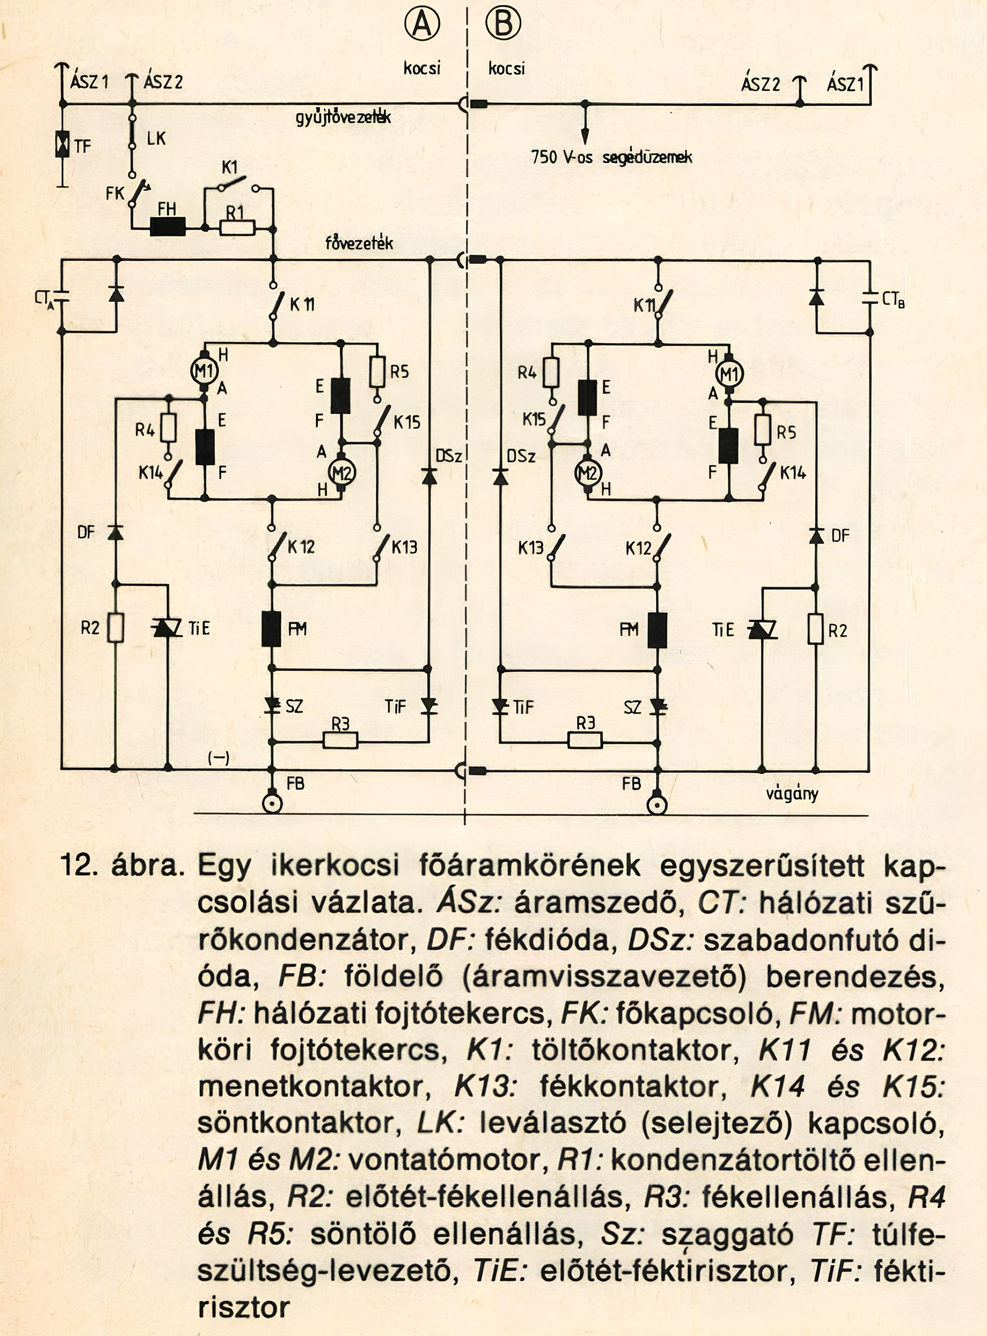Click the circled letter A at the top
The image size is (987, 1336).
pyautogui.click(x=422, y=25)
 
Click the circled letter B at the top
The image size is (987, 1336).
pyautogui.click(x=503, y=24)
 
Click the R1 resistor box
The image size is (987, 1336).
pyautogui.click(x=237, y=228)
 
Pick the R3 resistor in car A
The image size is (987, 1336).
pyautogui.click(x=341, y=741)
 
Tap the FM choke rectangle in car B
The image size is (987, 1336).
pyautogui.click(x=657, y=630)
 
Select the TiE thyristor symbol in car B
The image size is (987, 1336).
pyautogui.click(x=762, y=629)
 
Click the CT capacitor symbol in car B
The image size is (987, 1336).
pyautogui.click(x=869, y=298)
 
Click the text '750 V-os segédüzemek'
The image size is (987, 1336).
pyautogui.click(x=611, y=158)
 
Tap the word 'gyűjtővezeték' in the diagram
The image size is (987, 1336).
pyautogui.click(x=344, y=118)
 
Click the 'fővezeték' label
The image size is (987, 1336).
pyautogui.click(x=359, y=243)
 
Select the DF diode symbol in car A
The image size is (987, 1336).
pyautogui.click(x=116, y=532)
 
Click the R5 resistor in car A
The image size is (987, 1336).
pyautogui.click(x=377, y=372)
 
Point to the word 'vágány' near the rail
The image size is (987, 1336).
pyautogui.click(x=792, y=794)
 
